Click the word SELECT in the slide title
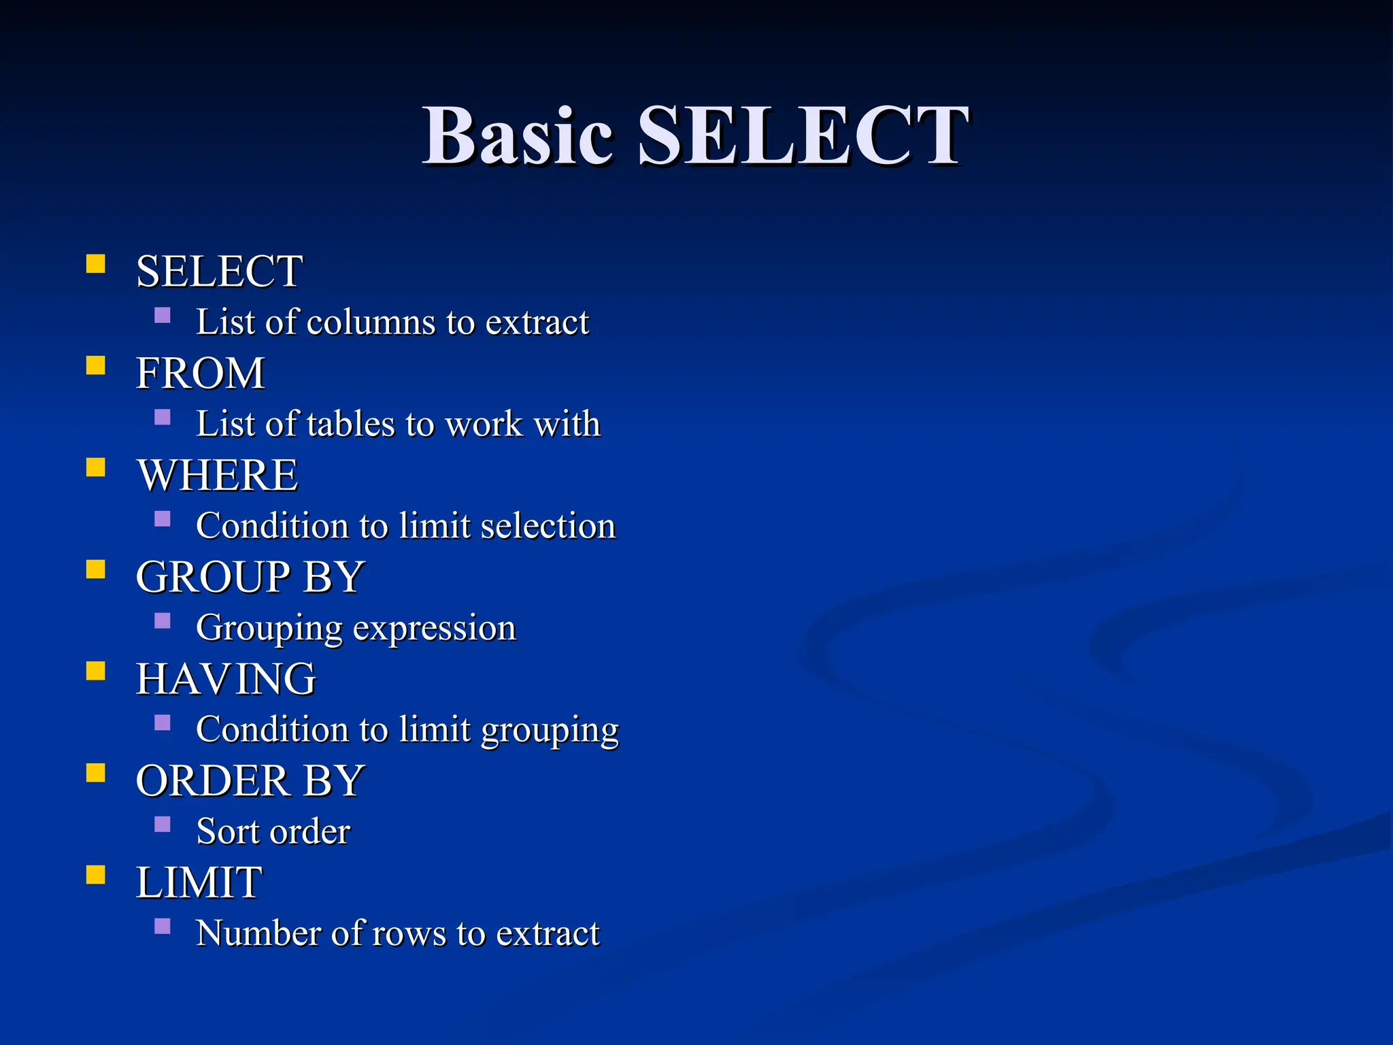(803, 136)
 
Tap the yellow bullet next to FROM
(96, 366)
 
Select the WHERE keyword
(218, 475)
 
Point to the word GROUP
(213, 577)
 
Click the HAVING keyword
(226, 679)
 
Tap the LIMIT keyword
(199, 882)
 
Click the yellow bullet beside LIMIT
(96, 874)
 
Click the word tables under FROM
(351, 424)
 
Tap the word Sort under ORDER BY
(227, 831)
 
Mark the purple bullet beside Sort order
(163, 825)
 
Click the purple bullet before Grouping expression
(163, 620)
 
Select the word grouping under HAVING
(550, 730)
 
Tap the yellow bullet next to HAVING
(96, 671)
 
